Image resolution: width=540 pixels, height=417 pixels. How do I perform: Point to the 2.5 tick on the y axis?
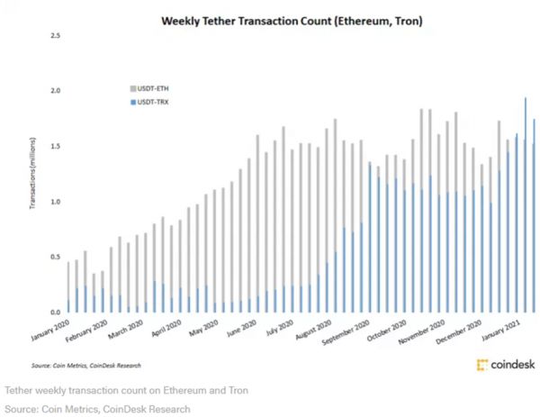[x=56, y=35]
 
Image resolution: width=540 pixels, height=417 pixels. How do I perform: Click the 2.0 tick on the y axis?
[x=56, y=91]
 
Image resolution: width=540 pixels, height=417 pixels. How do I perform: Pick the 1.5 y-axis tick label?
[x=56, y=146]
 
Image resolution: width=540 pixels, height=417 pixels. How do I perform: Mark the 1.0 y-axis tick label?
[x=56, y=202]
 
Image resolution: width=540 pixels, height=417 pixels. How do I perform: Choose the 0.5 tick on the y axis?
[x=56, y=257]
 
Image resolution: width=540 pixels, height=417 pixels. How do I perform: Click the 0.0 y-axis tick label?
[x=56, y=312]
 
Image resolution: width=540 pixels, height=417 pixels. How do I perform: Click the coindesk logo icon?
[x=481, y=365]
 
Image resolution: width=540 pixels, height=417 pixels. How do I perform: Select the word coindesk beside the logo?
[x=510, y=365]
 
